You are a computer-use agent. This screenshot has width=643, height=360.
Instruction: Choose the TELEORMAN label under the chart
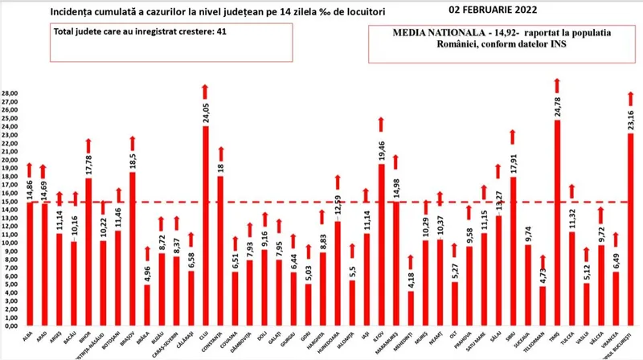[x=541, y=344]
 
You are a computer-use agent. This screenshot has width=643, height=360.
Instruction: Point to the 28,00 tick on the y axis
[x=10, y=93]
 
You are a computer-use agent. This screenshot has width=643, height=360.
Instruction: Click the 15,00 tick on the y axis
[x=10, y=202]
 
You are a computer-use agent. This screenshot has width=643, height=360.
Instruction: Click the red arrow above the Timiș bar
[x=556, y=86]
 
